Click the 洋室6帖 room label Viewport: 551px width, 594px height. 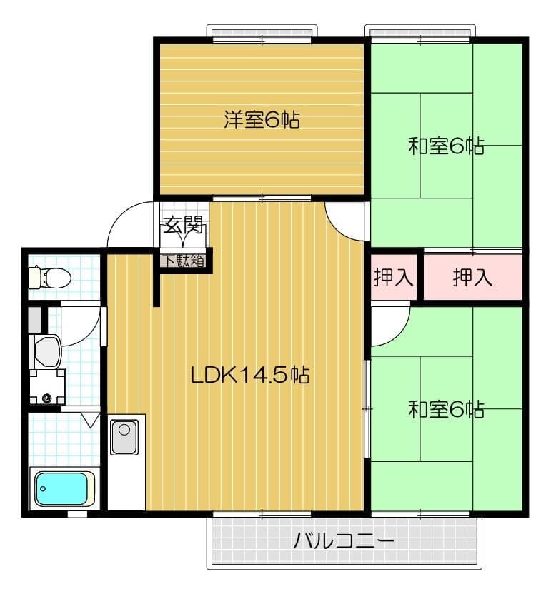point(262,119)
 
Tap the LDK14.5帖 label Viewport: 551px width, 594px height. point(250,375)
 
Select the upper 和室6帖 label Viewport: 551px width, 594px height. point(447,146)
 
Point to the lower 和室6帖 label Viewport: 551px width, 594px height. point(447,409)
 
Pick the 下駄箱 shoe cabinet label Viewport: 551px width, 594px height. point(184,261)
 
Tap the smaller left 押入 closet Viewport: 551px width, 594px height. point(393,277)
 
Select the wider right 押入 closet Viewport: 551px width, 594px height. point(473,277)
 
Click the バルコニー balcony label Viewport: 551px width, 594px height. point(344,540)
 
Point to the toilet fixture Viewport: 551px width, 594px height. point(50,276)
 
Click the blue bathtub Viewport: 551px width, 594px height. point(61,488)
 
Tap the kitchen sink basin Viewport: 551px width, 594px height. point(124,437)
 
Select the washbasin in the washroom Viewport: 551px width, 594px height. point(48,351)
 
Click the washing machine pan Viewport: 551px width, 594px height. point(47,386)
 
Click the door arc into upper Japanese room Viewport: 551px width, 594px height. point(339,225)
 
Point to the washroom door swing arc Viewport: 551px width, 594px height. point(89,333)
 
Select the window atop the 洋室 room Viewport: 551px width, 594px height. point(262,35)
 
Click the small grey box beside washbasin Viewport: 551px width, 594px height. point(35,319)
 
